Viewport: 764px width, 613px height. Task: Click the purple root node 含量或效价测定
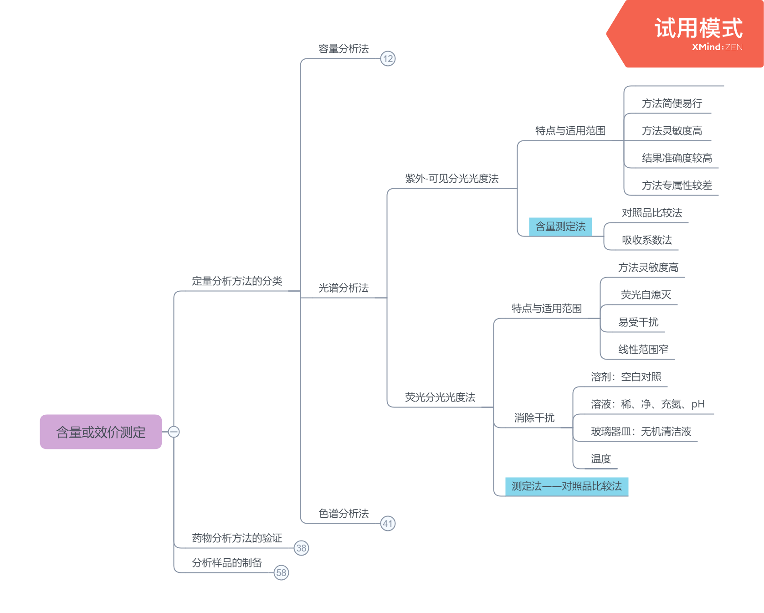(x=101, y=432)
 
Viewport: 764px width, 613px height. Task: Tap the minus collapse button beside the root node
(x=174, y=432)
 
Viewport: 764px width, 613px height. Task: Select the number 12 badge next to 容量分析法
(x=388, y=59)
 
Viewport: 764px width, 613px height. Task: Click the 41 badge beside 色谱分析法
(x=388, y=524)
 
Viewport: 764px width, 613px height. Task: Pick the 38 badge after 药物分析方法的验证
(x=301, y=548)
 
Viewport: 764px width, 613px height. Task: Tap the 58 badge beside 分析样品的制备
(x=281, y=573)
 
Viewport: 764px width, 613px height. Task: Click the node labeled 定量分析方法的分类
(x=237, y=281)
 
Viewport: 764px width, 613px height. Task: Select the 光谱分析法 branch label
(x=344, y=288)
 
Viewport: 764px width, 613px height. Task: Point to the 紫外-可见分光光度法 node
(x=451, y=179)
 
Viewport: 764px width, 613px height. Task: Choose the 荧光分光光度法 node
(x=440, y=397)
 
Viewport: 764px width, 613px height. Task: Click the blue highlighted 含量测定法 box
(x=560, y=227)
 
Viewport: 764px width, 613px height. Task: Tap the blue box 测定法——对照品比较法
(x=567, y=486)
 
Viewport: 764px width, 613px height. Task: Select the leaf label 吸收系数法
(x=647, y=240)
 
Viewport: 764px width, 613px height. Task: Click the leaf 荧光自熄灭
(x=646, y=295)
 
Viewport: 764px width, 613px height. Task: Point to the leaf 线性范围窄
(x=643, y=350)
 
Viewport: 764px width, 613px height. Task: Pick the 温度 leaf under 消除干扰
(x=601, y=459)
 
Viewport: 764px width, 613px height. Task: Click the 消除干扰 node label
(x=534, y=418)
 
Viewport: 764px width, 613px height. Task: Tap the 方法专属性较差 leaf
(x=677, y=185)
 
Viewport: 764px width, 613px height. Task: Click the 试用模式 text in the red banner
(x=698, y=28)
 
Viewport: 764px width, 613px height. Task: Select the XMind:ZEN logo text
(x=717, y=47)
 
